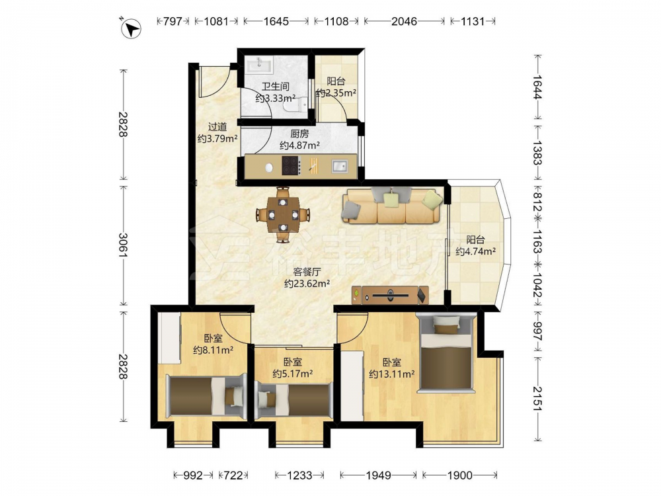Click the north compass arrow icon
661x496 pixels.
131,28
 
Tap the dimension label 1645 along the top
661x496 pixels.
276,21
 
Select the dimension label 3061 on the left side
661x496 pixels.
123,245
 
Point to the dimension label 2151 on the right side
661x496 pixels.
537,399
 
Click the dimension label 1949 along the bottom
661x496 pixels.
378,475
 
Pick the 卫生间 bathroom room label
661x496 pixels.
275,87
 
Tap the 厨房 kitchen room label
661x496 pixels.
299,134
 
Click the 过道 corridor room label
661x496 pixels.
217,126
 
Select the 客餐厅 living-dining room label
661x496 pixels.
307,272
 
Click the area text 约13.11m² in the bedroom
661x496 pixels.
391,374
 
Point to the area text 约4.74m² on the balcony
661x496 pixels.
475,251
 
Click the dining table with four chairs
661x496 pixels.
283,215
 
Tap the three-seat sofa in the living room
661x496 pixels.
393,206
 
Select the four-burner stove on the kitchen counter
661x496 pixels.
291,165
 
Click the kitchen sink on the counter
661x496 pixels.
339,166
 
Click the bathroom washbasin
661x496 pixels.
260,65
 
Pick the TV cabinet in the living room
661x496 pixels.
390,295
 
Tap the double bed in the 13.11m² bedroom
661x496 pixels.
445,353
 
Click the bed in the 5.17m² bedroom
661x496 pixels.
293,399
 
